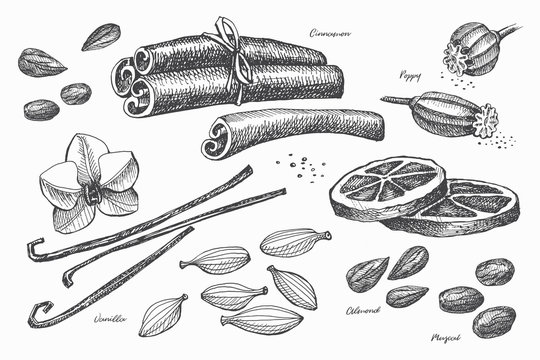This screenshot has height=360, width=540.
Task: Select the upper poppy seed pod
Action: (475, 48)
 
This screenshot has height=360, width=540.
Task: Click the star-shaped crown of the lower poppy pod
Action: (486, 122)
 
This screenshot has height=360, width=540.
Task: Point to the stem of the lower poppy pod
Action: (394, 100)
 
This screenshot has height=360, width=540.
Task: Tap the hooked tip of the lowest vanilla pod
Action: (36, 316)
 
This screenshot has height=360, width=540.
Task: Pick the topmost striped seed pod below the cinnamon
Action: (294, 241)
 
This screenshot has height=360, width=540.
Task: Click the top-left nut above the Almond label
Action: (367, 271)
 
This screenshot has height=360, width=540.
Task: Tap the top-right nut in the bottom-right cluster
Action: (494, 270)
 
